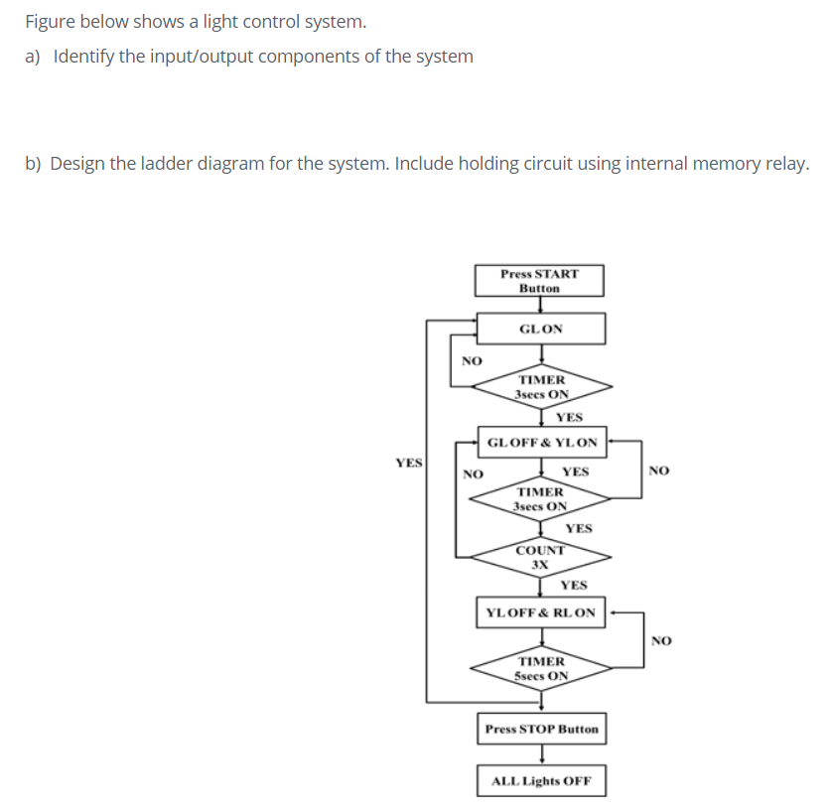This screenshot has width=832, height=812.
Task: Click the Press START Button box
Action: click(x=539, y=281)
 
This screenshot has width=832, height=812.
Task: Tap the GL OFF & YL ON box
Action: click(x=544, y=442)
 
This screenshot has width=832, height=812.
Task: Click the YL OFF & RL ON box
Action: click(x=541, y=612)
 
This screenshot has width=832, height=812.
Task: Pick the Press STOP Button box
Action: click(x=541, y=729)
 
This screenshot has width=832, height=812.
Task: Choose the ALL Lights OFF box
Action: click(x=541, y=780)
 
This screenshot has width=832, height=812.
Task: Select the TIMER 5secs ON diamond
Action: click(x=541, y=668)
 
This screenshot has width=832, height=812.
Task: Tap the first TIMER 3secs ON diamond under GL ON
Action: click(x=541, y=386)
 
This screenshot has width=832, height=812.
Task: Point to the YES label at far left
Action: click(x=408, y=463)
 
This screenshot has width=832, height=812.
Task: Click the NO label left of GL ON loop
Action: click(x=473, y=360)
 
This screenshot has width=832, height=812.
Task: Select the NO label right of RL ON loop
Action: click(x=662, y=640)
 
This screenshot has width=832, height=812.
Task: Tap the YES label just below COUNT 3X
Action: click(x=573, y=585)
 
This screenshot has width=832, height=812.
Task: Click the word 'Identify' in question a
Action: click(x=83, y=57)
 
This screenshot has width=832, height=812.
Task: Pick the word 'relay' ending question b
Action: click(x=784, y=164)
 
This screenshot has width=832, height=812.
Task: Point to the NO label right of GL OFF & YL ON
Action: click(x=658, y=471)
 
